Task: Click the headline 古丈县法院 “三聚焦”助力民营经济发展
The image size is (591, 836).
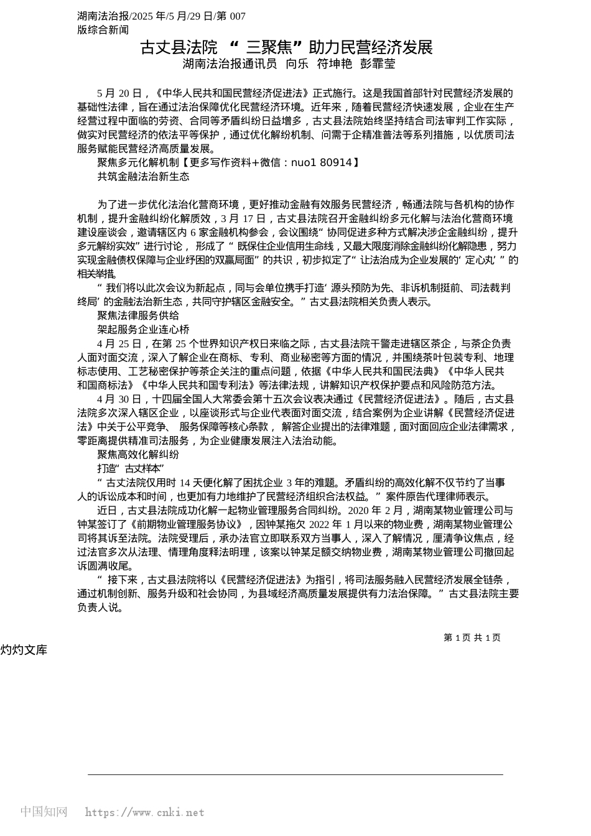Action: (286, 47)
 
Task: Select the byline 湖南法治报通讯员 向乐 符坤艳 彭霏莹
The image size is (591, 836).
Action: (289, 64)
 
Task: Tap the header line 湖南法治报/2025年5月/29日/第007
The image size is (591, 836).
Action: (161, 16)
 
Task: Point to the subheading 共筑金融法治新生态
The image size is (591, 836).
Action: (143, 176)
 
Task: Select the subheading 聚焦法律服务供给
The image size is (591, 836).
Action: (138, 315)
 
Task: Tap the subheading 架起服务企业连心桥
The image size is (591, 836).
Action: (143, 329)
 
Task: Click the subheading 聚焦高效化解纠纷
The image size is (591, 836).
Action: (138, 455)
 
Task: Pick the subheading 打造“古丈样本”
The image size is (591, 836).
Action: (130, 468)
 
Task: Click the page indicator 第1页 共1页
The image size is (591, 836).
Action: (472, 638)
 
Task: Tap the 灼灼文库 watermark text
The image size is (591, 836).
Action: (24, 650)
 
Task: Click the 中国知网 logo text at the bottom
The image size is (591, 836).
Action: (44, 812)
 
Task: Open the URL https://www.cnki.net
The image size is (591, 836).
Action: (144, 812)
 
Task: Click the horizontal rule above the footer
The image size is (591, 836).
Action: (295, 774)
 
